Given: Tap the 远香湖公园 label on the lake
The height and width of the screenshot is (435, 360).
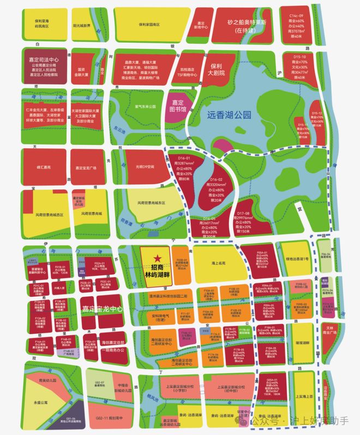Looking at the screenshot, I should click(229, 115).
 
